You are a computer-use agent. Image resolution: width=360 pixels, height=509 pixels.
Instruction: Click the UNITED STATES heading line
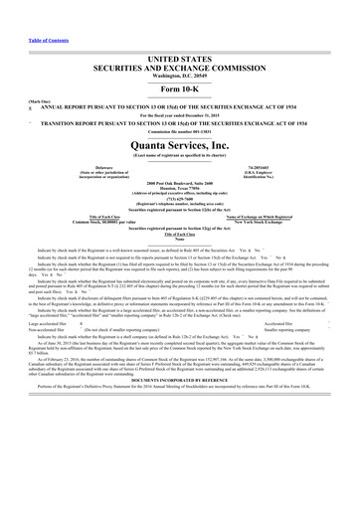[180, 61]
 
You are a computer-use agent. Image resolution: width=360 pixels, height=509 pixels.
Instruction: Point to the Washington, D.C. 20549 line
[180, 80]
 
